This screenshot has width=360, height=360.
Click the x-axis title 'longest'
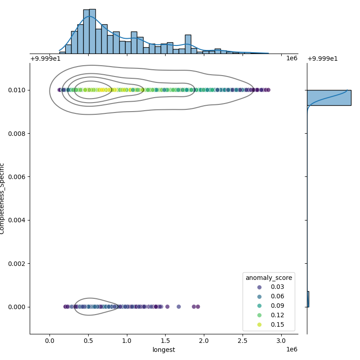tap(164, 350)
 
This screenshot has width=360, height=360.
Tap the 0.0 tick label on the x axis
tap(49, 341)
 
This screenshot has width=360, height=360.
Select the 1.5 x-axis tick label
tap(166, 341)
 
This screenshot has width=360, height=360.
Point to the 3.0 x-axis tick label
tap(282, 341)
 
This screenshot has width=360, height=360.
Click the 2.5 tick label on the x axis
tap(243, 341)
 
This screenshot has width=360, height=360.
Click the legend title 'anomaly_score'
tap(269, 278)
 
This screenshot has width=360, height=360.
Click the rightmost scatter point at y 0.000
tap(198, 307)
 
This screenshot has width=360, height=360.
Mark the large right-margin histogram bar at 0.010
tap(328, 98)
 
